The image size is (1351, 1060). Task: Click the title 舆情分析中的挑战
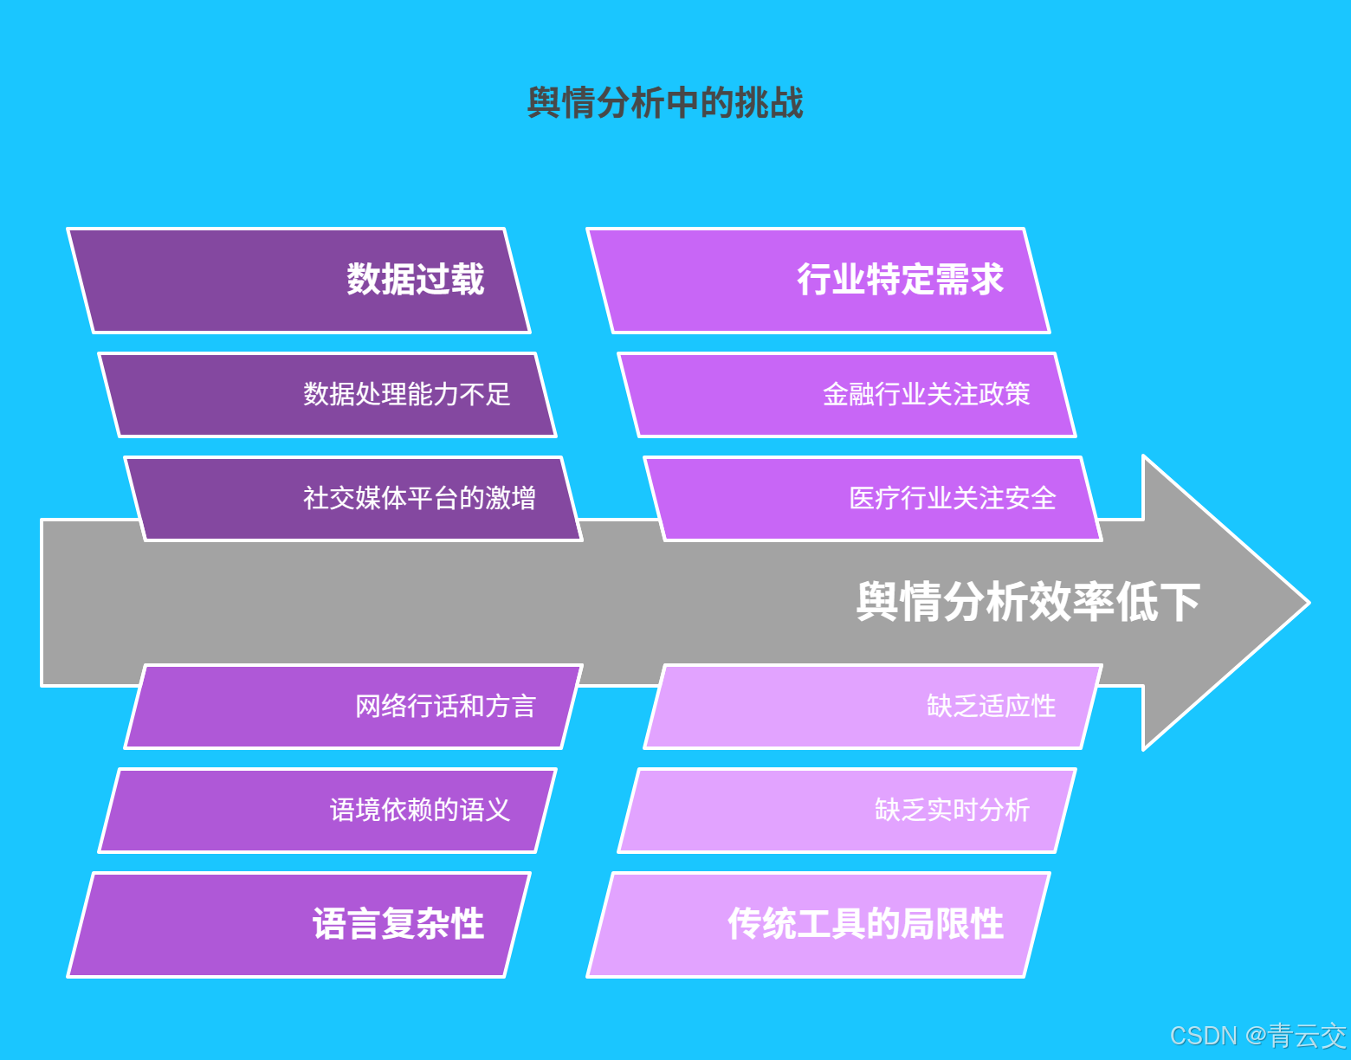click(665, 103)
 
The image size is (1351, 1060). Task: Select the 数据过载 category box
click(299, 280)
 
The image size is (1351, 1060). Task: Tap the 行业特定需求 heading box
click(818, 280)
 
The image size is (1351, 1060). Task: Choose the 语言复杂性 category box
click(299, 924)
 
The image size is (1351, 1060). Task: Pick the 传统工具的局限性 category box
click(818, 924)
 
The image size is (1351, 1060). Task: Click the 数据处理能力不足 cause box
click(327, 395)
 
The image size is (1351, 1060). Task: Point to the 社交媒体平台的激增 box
click(353, 499)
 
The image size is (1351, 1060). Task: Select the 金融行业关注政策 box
click(847, 395)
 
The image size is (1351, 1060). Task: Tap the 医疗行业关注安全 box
click(873, 499)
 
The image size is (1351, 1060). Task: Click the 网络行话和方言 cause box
click(353, 707)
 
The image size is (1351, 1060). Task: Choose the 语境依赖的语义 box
click(327, 811)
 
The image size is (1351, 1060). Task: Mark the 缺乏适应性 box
click(873, 707)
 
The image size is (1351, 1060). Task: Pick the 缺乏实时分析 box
click(847, 811)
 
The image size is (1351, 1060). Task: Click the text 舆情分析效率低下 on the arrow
click(1028, 602)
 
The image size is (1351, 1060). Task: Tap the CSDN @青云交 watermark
click(1257, 1036)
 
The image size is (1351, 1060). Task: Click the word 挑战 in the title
click(769, 103)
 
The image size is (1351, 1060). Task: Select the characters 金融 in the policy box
click(849, 395)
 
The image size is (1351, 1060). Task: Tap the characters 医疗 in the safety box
click(875, 499)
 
